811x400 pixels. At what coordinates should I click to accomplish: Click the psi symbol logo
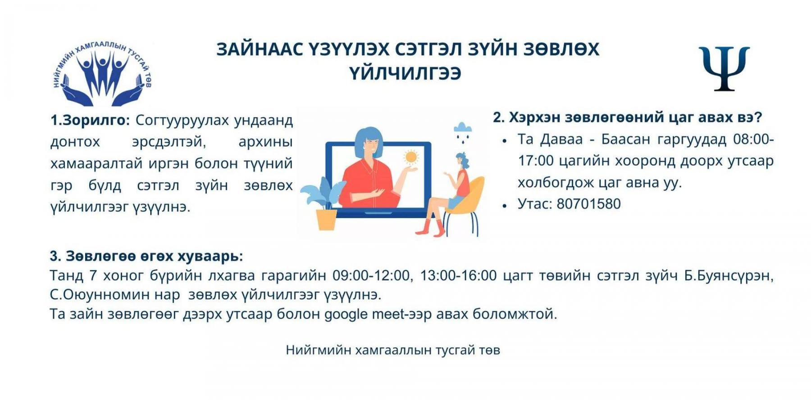pyautogui.click(x=724, y=68)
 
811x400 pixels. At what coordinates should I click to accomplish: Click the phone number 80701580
pyautogui.click(x=588, y=204)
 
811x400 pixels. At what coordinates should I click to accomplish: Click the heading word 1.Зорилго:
pyautogui.click(x=90, y=121)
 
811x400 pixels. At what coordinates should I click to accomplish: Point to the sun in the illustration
pyautogui.click(x=410, y=157)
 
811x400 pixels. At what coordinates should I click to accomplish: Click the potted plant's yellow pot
pyautogui.click(x=326, y=220)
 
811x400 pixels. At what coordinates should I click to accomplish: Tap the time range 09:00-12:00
pyautogui.click(x=371, y=275)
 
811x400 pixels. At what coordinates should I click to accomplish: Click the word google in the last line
pyautogui.click(x=346, y=315)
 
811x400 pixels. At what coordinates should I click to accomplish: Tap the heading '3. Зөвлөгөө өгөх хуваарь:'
pyautogui.click(x=146, y=256)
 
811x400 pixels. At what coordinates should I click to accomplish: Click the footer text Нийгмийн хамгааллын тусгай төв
pyautogui.click(x=393, y=350)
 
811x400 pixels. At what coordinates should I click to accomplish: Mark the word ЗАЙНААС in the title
pyautogui.click(x=260, y=49)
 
